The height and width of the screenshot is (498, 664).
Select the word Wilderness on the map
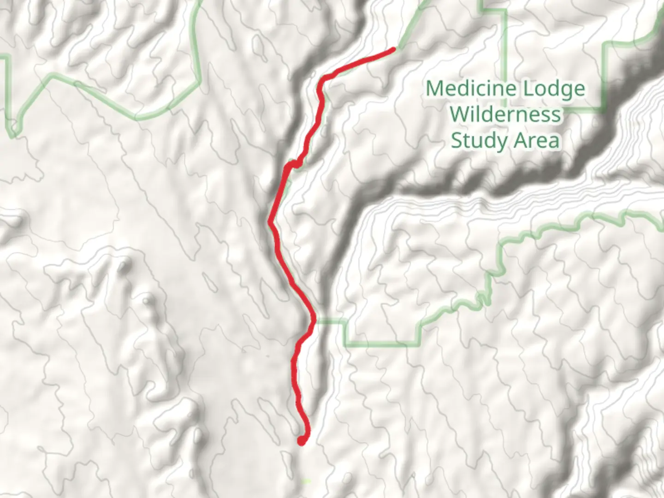click(x=505, y=114)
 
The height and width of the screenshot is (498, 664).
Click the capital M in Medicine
click(x=434, y=88)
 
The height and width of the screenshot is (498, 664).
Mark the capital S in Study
click(x=456, y=140)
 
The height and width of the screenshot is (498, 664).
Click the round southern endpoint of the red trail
click(x=301, y=442)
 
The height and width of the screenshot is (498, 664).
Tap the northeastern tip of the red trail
click(x=394, y=48)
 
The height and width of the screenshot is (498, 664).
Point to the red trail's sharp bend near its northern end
click(x=323, y=78)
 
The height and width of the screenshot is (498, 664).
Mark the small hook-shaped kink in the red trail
click(x=294, y=164)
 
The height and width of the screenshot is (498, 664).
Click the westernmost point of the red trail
click(x=270, y=222)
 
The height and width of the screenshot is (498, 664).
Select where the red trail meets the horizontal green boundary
click(x=314, y=320)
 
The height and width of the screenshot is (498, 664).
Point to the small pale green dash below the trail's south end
click(x=306, y=481)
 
